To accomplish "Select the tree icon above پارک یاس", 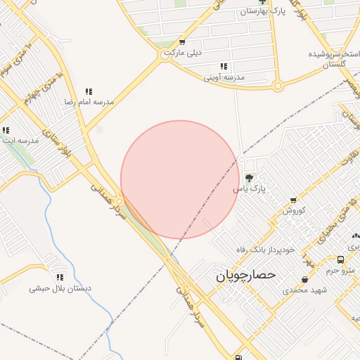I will click(250, 176).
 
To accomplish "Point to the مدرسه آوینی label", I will click(224, 77).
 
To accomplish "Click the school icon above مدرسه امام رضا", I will click(89, 91).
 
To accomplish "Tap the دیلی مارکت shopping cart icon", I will click(182, 42).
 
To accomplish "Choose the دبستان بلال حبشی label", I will click(60, 288).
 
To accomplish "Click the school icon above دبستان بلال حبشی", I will click(60, 278).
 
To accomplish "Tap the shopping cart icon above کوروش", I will click(294, 200).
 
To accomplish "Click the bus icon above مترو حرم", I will click(340, 259).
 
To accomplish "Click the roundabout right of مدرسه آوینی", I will click(278, 86).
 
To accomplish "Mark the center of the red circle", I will click(180, 180).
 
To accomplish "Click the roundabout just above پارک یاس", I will click(242, 161).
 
